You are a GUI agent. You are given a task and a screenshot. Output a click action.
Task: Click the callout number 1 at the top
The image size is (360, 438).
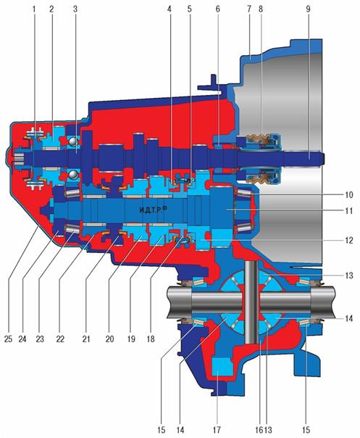pyautogui.click(x=34, y=9)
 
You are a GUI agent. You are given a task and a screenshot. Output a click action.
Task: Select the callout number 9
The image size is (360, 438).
pyautogui.click(x=308, y=9)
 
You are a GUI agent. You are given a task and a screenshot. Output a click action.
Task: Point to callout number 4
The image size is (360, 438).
pyautogui.click(x=169, y=9)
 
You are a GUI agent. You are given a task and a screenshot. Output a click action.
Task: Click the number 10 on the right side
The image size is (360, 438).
pyautogui.click(x=349, y=194)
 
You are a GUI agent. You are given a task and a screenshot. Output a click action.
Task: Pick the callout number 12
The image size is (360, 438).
pyautogui.click(x=349, y=240)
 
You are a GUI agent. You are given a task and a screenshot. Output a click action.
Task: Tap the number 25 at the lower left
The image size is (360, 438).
pyautogui.click(x=9, y=339)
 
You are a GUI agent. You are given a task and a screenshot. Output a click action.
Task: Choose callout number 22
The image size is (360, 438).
pyautogui.click(x=60, y=339)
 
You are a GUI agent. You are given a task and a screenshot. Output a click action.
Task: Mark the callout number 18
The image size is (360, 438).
pyautogui.click(x=151, y=339)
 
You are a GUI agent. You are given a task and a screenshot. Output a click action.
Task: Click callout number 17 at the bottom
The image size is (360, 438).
pyautogui.click(x=217, y=429)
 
